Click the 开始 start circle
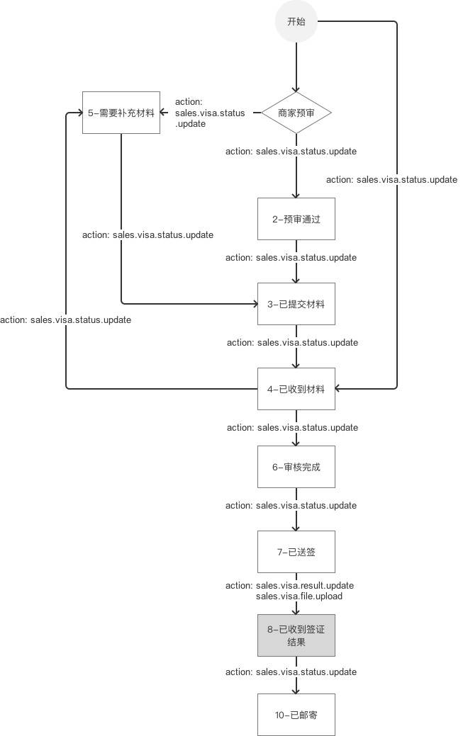coord(296,22)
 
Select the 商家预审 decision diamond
coord(296,113)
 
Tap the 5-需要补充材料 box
coord(121,113)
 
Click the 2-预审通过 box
coord(296,219)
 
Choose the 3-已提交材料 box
coord(296,304)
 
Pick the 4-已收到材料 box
coord(296,388)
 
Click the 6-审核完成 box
coord(296,467)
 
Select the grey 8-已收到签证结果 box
coord(296,635)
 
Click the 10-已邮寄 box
coord(296,715)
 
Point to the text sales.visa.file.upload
coord(299,596)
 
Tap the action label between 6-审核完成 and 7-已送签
coord(291,506)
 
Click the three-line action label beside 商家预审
coord(210,113)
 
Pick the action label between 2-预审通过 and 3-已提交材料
coord(291,258)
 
